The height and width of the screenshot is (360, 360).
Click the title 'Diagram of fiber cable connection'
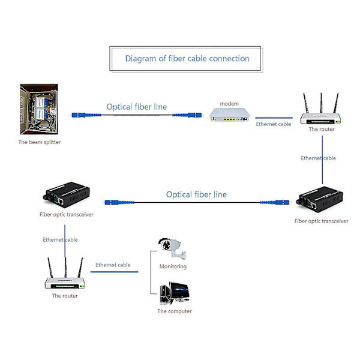coord(187,59)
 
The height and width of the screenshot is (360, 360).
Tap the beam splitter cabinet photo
coord(39,109)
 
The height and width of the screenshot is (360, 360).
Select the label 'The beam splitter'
coord(40,142)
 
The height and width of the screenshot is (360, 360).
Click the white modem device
coord(229,115)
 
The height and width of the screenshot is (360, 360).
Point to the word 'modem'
coord(229,104)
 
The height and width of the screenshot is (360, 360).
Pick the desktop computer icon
coord(175,294)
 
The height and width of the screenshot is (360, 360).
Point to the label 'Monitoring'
coord(173,266)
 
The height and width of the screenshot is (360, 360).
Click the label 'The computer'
coord(175,311)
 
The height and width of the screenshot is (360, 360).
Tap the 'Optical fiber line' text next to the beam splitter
coord(137,107)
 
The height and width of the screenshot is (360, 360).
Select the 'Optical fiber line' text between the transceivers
coord(196,194)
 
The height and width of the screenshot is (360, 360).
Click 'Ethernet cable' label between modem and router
coord(274,124)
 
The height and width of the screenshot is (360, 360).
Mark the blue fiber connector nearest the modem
coord(196,115)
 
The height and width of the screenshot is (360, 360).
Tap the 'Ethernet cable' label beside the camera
coord(113,265)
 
